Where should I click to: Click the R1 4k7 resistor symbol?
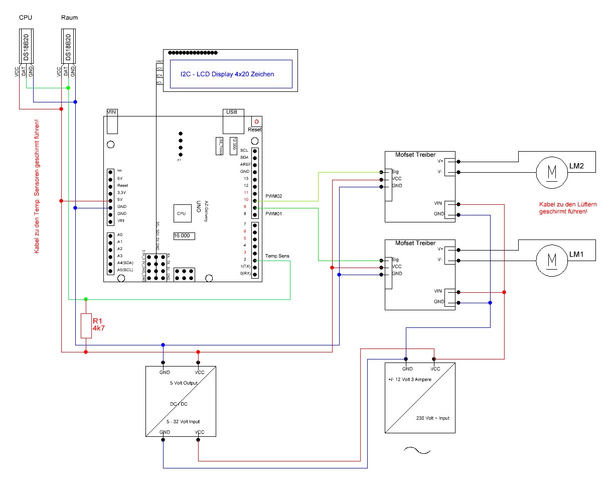(86, 325)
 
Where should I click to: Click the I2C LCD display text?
(227, 74)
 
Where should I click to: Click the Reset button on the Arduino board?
(256, 122)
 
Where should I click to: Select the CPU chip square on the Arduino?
(181, 213)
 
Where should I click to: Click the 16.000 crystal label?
(184, 235)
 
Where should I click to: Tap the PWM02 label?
(274, 196)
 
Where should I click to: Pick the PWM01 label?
(274, 214)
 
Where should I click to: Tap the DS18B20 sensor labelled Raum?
(69, 47)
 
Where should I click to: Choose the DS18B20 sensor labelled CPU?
(26, 47)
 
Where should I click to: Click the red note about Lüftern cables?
(563, 208)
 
